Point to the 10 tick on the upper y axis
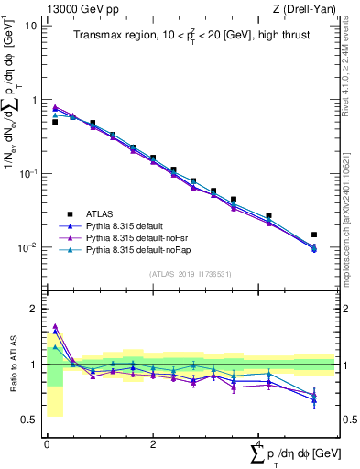click(32, 25)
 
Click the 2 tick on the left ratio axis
click(34, 309)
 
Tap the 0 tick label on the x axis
click(47, 443)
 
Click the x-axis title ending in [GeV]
click(298, 455)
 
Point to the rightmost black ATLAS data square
click(314, 234)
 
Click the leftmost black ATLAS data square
click(55, 121)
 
